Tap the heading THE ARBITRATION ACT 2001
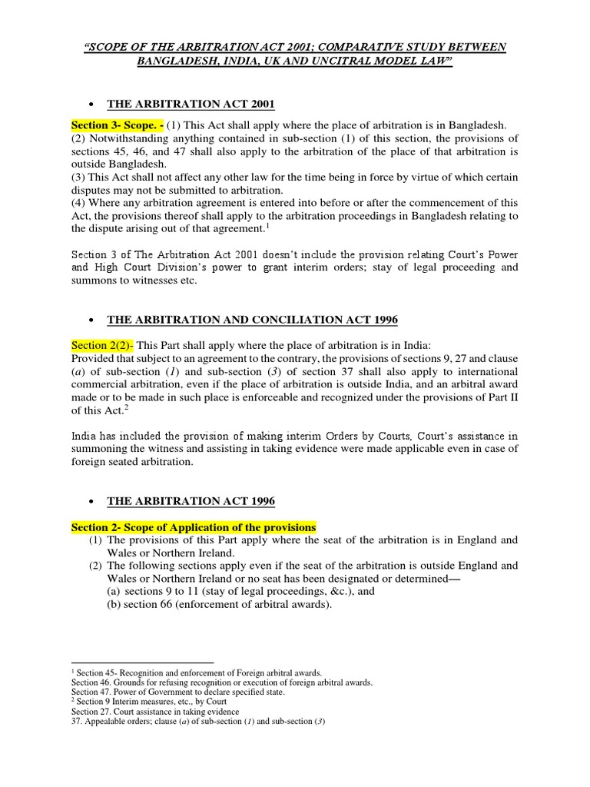[191, 105]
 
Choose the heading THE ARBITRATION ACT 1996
[191, 501]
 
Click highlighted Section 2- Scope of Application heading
[194, 527]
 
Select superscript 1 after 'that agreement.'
[288, 224]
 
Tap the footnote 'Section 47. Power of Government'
[177, 692]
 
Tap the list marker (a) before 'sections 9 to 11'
[113, 592]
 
